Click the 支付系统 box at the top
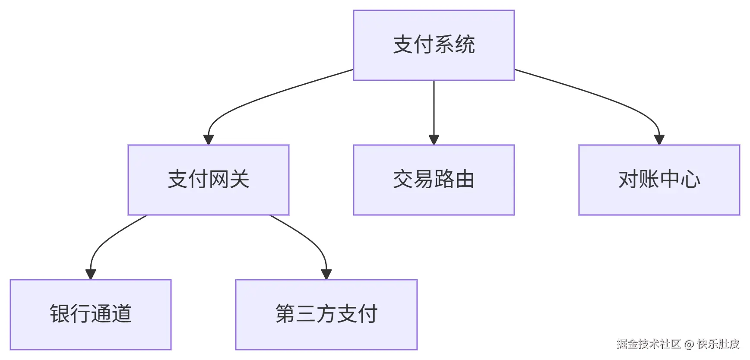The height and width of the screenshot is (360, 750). point(434,45)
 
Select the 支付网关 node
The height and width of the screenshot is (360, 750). point(208,180)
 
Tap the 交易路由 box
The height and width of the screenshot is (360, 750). point(434,180)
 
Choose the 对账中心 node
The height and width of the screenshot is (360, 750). point(659,180)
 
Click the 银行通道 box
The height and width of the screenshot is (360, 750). point(90,314)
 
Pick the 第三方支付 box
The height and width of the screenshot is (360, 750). point(326,314)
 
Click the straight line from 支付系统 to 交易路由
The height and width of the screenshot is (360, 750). point(434,108)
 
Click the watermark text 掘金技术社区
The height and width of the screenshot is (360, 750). point(649,344)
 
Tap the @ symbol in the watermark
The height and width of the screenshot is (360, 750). point(689,344)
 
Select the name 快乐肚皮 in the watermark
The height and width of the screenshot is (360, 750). point(718,344)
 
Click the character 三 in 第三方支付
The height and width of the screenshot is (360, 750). point(306,314)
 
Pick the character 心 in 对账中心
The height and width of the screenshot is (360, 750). point(690,180)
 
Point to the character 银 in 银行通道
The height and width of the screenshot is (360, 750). point(60,314)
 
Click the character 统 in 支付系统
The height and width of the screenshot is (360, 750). point(465,45)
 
